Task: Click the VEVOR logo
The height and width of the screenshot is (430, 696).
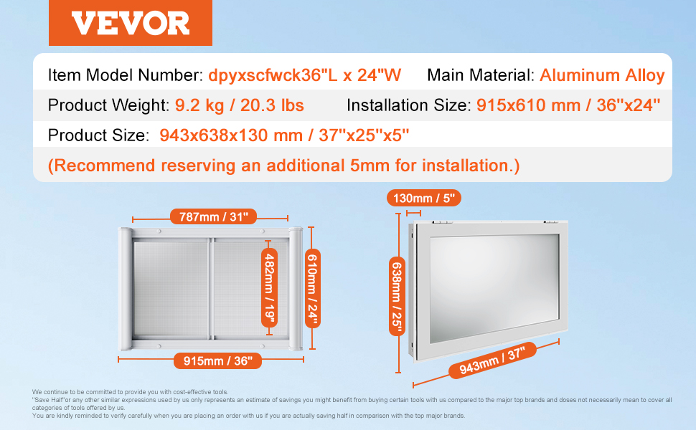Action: coord(131,23)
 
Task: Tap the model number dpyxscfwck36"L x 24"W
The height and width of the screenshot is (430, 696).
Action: coord(304,75)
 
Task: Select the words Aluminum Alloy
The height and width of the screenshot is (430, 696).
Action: coord(602,75)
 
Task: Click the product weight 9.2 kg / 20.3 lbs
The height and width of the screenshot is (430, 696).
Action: coord(239,105)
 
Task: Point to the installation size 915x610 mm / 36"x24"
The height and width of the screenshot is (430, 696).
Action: coord(568,105)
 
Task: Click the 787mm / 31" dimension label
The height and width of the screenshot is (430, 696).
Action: coord(213,216)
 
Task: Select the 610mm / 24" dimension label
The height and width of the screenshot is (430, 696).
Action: coord(313,288)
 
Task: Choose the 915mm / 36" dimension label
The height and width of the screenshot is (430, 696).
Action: coord(217,361)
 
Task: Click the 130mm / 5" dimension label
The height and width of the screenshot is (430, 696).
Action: coord(424,198)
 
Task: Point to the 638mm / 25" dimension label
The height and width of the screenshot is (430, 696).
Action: coord(397,297)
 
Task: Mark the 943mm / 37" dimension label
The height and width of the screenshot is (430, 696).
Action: coord(492,360)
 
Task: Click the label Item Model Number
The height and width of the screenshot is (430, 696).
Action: coord(125,75)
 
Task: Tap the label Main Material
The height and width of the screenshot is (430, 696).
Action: coord(481,75)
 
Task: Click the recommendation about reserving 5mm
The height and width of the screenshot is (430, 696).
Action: coord(283,166)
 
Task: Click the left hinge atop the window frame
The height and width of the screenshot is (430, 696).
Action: coord(440,221)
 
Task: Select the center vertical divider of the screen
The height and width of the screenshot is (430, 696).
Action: coord(211,289)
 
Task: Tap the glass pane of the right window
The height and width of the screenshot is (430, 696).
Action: coord(494,287)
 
